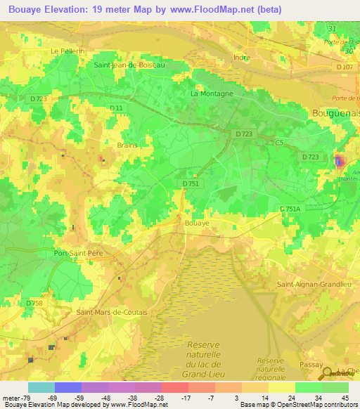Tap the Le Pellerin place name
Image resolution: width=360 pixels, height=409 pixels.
67,51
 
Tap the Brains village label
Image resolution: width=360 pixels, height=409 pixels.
127,145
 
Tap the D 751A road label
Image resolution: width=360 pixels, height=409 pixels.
289,209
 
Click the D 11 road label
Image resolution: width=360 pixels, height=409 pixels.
117,108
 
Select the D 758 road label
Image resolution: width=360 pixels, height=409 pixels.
34,303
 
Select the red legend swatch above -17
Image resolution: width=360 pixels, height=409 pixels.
174,387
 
